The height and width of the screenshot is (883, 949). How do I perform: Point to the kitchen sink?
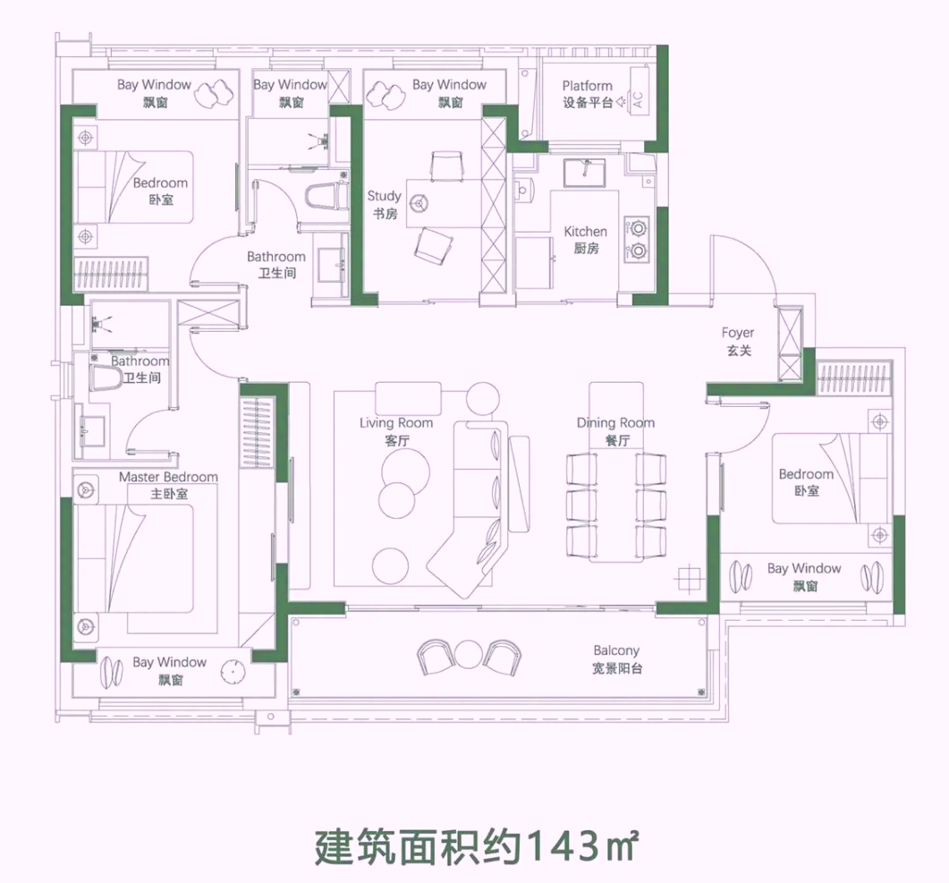pyautogui.click(x=584, y=173)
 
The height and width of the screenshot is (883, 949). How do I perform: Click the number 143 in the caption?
pyautogui.click(x=564, y=846)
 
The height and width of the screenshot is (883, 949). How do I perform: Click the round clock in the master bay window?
pyautogui.click(x=233, y=672)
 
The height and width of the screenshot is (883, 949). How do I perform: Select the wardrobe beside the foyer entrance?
pyautogui.click(x=789, y=344)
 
